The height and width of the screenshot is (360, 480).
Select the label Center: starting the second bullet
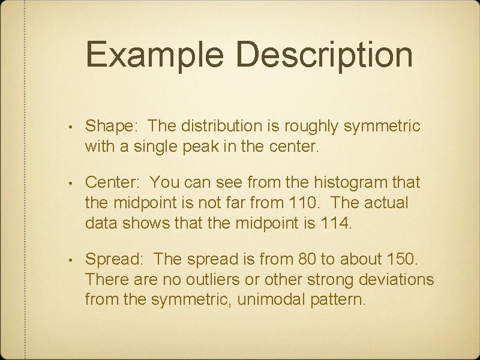[x=115, y=181]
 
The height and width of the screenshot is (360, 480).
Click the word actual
[x=388, y=203]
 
